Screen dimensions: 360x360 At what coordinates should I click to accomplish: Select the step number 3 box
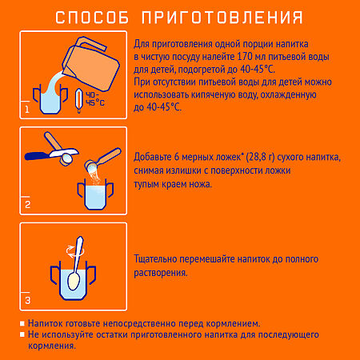pyautogui.click(x=27, y=301)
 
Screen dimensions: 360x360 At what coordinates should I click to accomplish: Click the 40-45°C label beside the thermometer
pyautogui.click(x=94, y=102)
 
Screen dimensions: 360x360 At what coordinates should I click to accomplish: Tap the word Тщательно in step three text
pyautogui.click(x=161, y=259)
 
